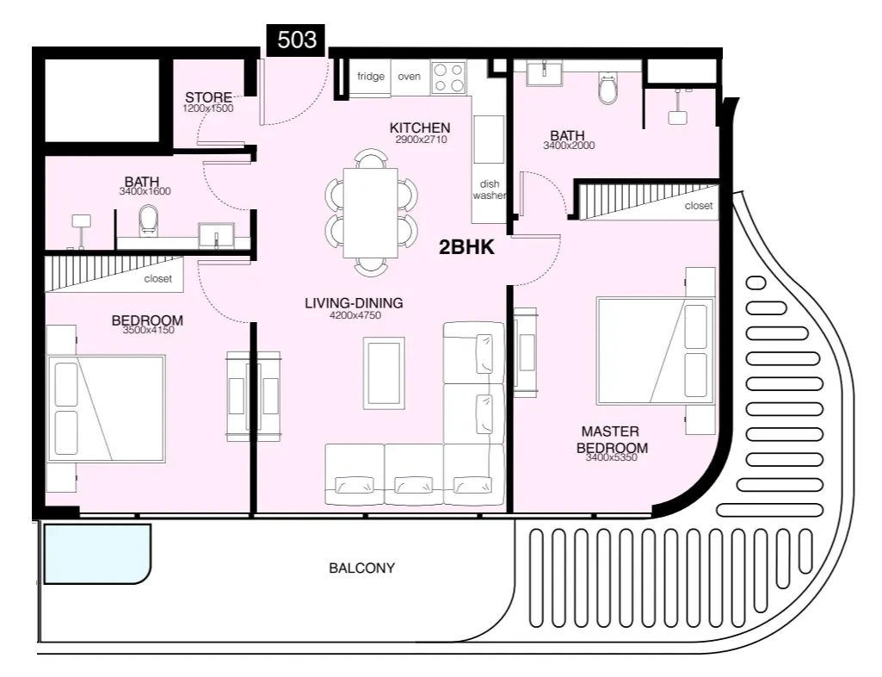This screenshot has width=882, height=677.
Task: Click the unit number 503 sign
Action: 297,40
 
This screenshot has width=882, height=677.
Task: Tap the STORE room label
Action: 208,97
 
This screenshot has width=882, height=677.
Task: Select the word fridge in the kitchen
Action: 371,77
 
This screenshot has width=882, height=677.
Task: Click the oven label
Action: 410,77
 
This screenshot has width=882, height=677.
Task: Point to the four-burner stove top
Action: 447,78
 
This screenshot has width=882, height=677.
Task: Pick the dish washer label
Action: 489,189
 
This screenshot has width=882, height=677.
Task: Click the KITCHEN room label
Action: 421,128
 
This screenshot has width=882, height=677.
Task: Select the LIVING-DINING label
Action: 354,303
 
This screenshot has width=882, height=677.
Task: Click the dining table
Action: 370,213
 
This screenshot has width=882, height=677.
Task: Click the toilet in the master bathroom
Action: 608,88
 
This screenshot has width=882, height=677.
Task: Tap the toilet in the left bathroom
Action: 149,220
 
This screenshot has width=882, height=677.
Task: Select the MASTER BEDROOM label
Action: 611,439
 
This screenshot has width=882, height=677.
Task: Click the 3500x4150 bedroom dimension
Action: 147,330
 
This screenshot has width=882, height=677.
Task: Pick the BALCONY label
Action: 361,568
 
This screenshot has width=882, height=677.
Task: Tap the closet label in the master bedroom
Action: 698,207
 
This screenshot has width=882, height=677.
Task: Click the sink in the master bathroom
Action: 546,71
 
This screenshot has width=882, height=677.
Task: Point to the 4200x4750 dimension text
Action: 354,315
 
